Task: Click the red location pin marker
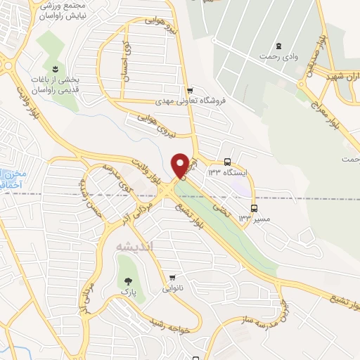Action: click(181, 165)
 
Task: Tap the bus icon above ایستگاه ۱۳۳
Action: click(226, 161)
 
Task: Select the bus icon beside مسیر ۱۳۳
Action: click(254, 208)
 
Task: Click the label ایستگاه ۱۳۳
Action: click(224, 172)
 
